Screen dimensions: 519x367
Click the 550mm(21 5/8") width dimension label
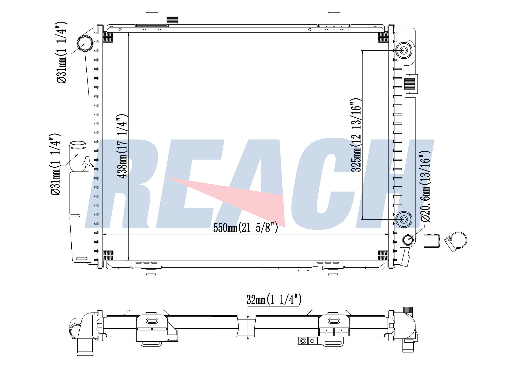tap(245, 228)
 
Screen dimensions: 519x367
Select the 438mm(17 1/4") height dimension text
tap(122, 146)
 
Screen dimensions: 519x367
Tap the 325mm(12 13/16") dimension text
tap(356, 135)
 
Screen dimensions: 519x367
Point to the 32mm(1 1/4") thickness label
tap(274, 300)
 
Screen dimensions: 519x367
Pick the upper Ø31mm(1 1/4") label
tap(61, 52)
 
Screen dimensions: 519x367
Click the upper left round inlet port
tap(85, 44)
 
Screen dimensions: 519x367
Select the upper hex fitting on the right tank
tap(404, 50)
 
